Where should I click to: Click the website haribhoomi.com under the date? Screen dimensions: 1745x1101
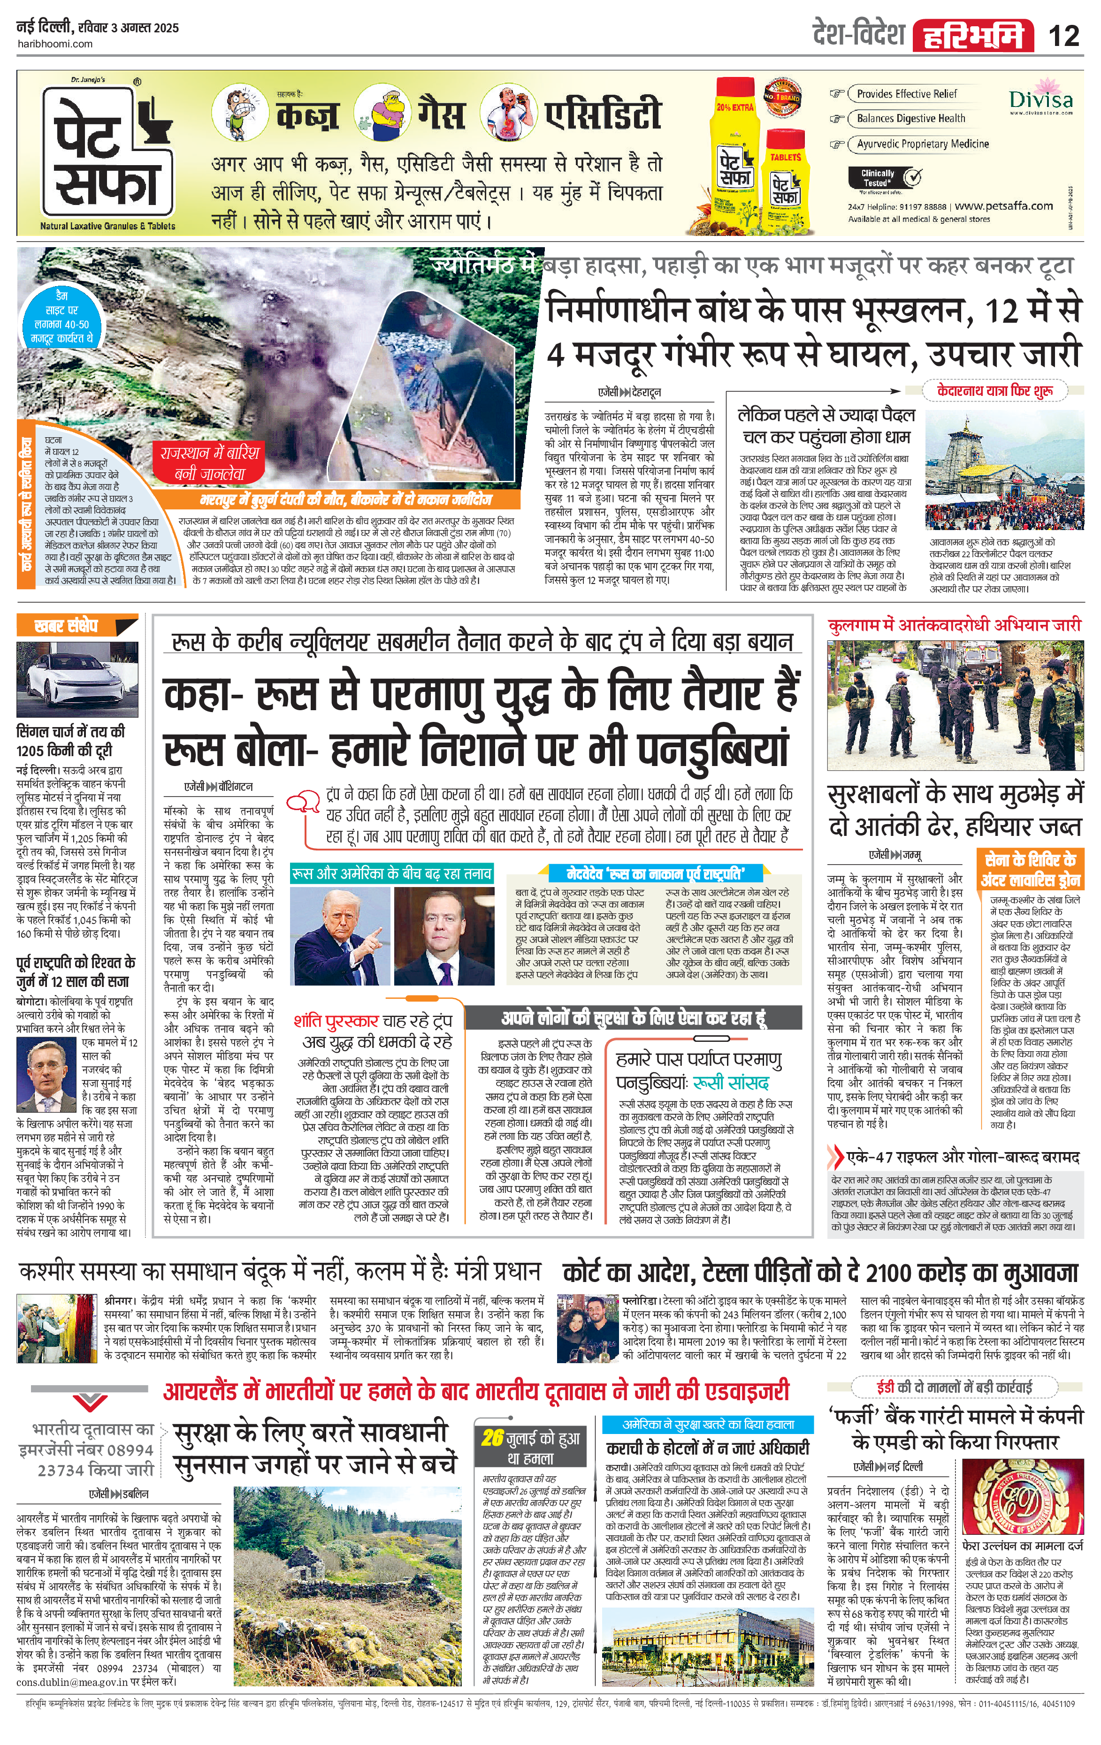(x=55, y=44)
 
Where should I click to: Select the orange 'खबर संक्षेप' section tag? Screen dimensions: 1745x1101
(x=76, y=626)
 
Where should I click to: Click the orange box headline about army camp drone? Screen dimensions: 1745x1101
(x=1030, y=870)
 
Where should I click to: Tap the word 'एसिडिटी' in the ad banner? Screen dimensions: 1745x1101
(x=604, y=114)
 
